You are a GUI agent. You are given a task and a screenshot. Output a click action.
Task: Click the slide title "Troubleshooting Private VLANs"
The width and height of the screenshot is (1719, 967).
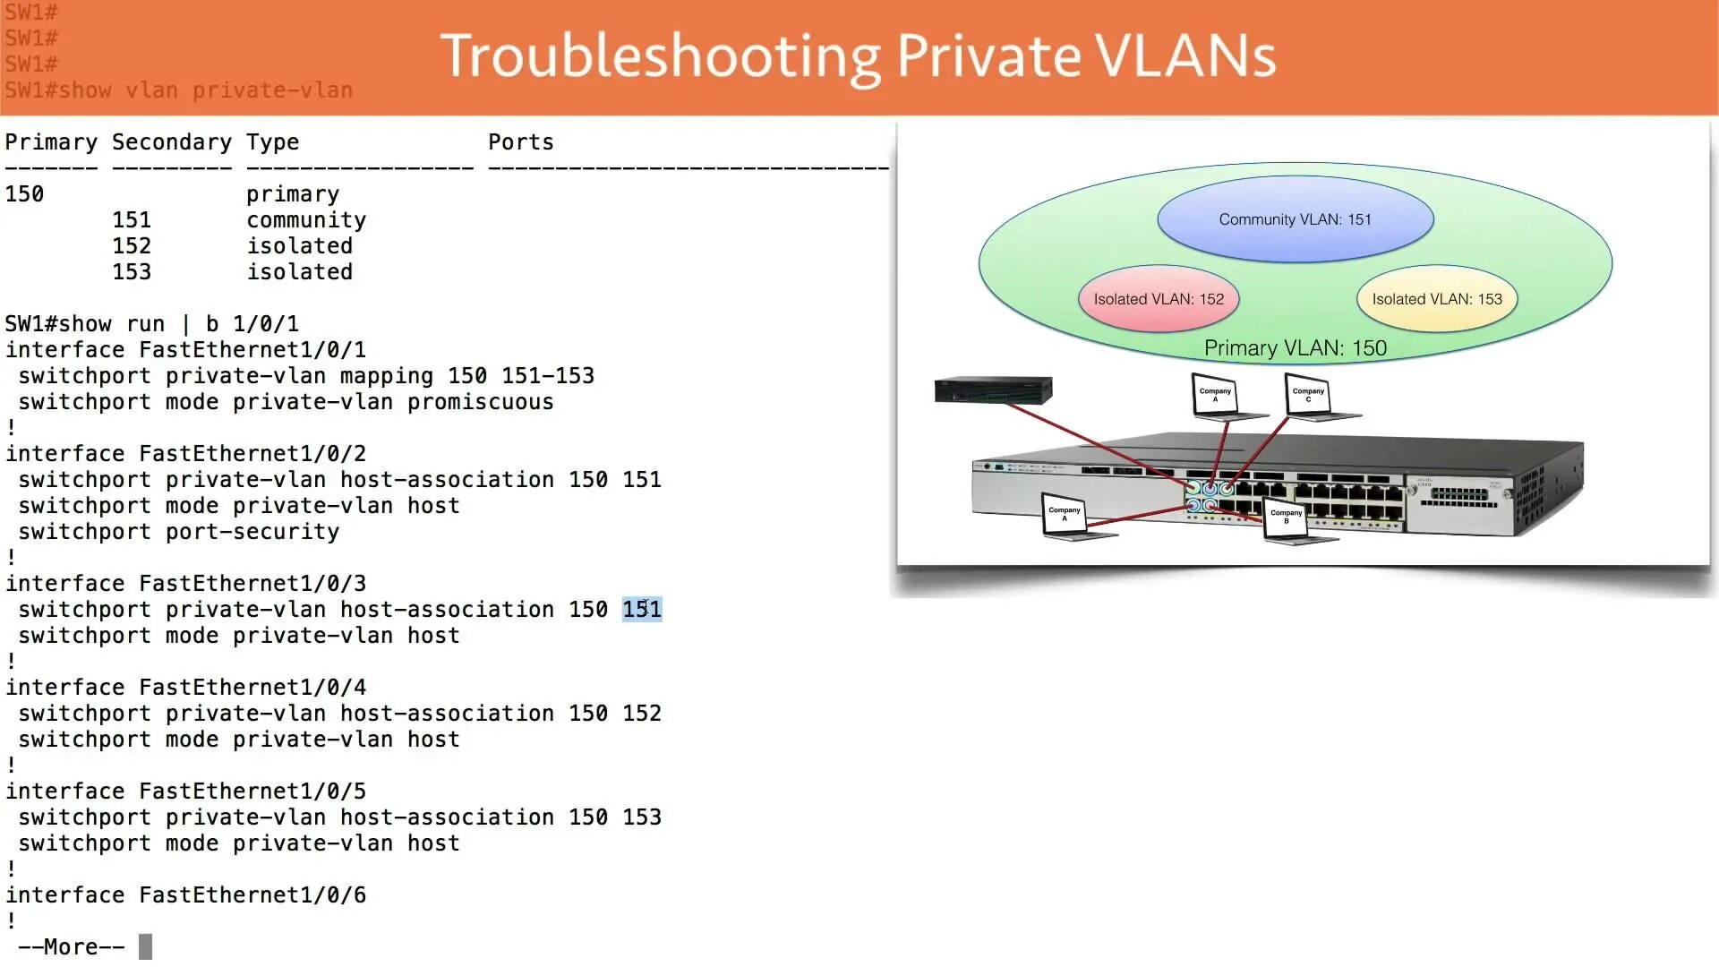point(858,56)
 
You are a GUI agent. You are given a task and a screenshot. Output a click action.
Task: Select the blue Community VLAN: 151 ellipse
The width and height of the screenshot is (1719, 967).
point(1295,219)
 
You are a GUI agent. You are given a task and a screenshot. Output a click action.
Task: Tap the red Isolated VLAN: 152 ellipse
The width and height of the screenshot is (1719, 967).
point(1158,299)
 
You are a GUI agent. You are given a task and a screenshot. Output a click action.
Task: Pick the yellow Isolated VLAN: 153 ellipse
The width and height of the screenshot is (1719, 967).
point(1436,299)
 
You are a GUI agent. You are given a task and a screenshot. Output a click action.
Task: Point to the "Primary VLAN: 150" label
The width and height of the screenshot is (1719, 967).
point(1295,348)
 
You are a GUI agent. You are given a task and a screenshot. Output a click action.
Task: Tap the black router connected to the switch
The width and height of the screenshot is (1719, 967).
point(993,389)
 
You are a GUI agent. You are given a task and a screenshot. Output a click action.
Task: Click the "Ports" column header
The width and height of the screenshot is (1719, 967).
point(520,142)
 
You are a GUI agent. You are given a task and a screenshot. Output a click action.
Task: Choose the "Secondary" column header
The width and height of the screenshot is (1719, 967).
point(171,142)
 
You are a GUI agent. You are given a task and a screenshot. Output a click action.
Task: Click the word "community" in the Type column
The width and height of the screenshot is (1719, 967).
point(306,220)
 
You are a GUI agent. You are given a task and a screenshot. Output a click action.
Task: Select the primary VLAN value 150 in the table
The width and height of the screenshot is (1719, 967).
point(24,194)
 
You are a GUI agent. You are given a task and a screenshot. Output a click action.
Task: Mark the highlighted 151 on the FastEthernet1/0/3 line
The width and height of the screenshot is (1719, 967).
point(642,610)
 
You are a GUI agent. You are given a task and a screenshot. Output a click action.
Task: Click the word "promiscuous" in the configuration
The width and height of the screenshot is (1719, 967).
point(480,402)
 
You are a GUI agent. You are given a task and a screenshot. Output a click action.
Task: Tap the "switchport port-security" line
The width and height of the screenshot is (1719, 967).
point(179,532)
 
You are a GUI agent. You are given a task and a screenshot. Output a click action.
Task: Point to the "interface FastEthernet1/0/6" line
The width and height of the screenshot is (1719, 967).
point(186,895)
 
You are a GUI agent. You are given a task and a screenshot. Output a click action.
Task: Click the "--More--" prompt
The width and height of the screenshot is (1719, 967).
point(72,947)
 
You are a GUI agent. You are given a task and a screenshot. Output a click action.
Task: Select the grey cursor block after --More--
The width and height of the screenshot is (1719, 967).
point(145,947)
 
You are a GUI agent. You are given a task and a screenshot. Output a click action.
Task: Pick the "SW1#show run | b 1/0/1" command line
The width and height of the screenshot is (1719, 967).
point(152,324)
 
